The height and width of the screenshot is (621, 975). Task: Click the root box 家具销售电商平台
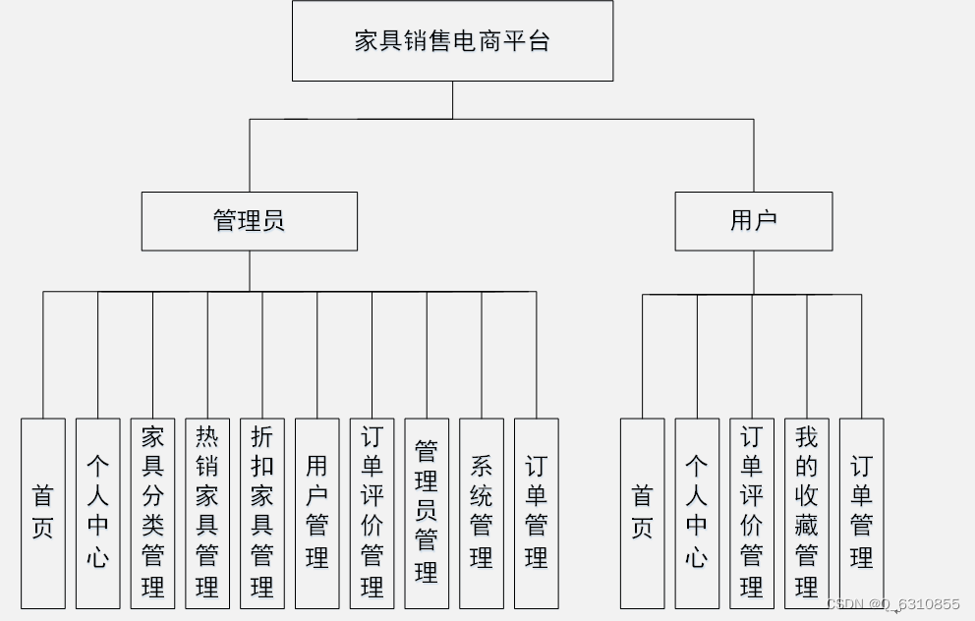[452, 41]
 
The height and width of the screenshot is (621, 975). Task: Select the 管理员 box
[250, 221]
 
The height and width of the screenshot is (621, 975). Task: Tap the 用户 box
[753, 221]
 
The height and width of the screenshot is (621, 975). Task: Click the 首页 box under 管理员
[43, 513]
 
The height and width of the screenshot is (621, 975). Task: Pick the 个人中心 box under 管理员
[98, 513]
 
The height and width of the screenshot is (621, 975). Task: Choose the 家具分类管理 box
[153, 513]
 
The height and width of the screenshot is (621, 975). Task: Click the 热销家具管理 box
[207, 513]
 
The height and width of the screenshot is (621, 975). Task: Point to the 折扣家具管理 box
[262, 513]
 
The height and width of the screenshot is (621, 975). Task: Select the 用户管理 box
[316, 513]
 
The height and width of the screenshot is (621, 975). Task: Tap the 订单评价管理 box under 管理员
[372, 513]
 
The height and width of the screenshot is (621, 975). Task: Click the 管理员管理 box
[427, 513]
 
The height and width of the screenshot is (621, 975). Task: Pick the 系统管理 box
[482, 513]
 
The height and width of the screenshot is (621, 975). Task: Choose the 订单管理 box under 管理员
[536, 513]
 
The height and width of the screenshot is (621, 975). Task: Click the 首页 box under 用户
[643, 513]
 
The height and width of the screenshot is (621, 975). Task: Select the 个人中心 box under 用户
[697, 513]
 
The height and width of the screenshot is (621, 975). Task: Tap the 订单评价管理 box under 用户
[752, 513]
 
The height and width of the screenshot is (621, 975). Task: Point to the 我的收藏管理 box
[807, 513]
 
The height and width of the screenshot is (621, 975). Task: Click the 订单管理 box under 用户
[861, 513]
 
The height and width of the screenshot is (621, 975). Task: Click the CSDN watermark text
[893, 604]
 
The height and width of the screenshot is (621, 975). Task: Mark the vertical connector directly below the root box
[453, 100]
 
